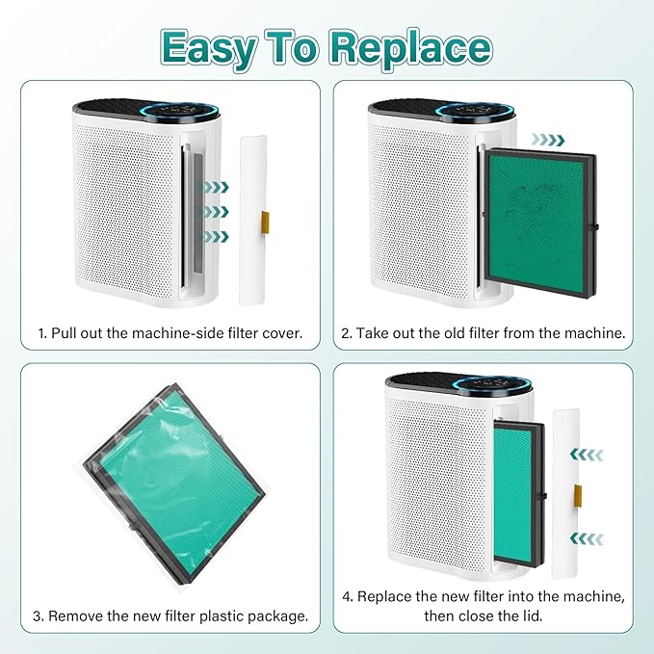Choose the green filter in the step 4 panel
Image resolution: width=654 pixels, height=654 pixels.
click(515, 493)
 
